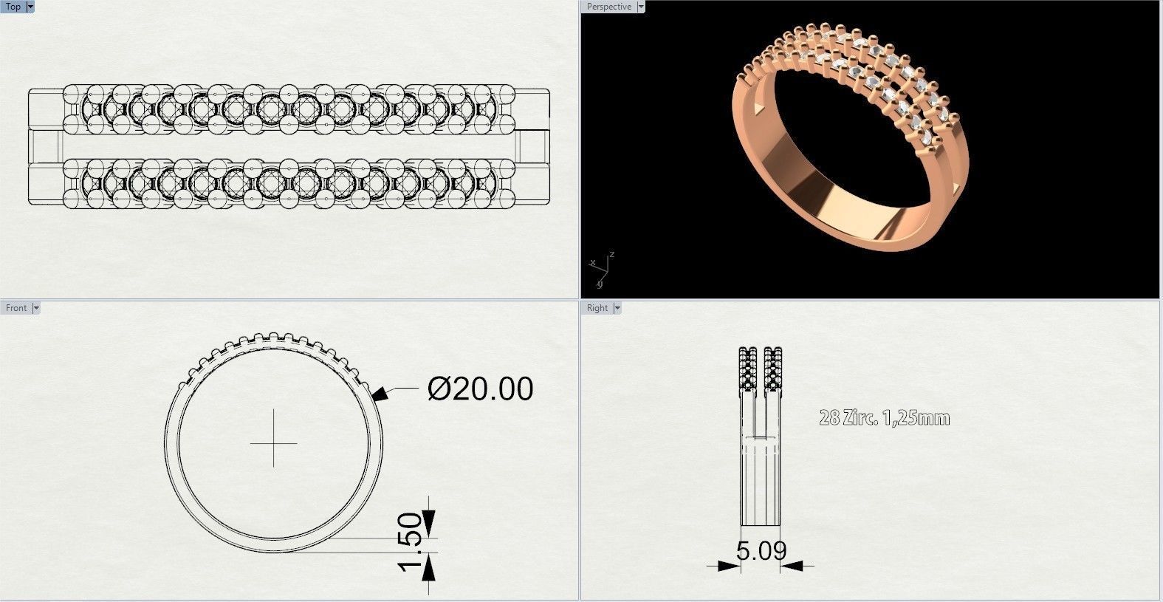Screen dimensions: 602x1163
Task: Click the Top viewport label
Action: (x=13, y=7)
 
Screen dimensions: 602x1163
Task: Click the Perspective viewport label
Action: (x=609, y=7)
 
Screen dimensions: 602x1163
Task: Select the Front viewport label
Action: (x=16, y=308)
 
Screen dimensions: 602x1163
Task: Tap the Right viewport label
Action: (x=597, y=308)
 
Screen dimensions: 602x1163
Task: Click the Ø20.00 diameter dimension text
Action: (x=480, y=389)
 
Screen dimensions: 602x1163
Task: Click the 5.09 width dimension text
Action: (x=761, y=550)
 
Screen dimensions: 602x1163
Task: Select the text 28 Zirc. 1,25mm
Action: (x=884, y=418)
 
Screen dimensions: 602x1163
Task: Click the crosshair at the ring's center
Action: (x=273, y=444)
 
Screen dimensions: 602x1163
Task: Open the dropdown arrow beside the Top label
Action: (x=30, y=7)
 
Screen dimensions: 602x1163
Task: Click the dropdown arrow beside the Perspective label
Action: (x=640, y=7)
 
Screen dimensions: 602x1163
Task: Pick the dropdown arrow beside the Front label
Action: (x=35, y=308)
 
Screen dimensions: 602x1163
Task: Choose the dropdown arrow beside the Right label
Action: (x=617, y=308)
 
